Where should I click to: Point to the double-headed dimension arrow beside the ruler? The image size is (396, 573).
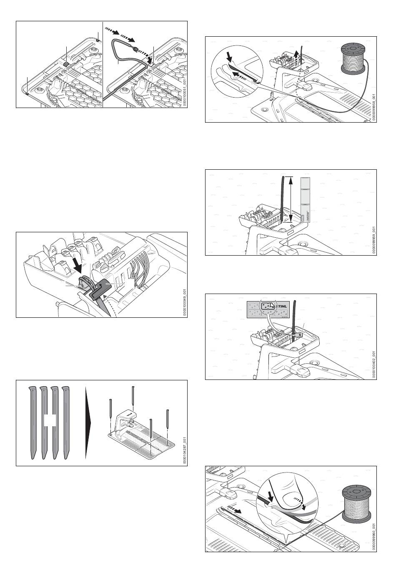pos(291,199)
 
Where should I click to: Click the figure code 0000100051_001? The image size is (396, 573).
pos(183,88)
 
